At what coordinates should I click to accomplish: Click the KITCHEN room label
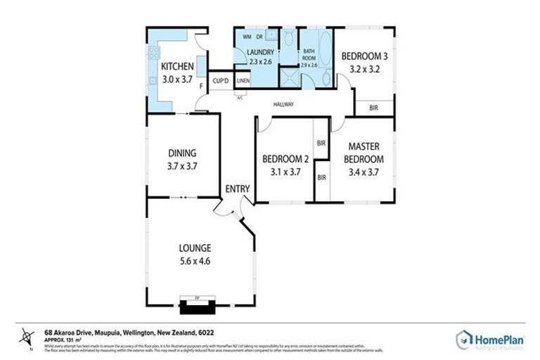tap(177, 67)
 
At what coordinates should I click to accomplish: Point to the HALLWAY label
tap(283, 105)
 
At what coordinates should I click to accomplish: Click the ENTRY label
tap(237, 188)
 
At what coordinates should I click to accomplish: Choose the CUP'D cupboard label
tap(221, 82)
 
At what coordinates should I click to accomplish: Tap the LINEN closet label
tap(243, 82)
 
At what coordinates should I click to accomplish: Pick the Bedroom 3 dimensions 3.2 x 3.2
tap(364, 69)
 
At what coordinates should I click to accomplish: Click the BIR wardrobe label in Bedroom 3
tap(373, 108)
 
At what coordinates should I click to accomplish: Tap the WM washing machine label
tap(247, 35)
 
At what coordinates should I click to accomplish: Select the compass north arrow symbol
tap(26, 335)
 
